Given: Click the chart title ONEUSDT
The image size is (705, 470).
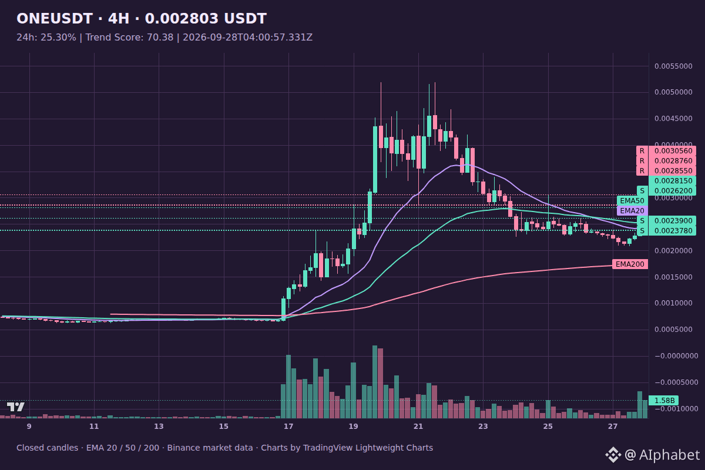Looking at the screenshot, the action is point(55,19).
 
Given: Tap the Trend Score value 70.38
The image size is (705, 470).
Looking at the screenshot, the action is point(160,38).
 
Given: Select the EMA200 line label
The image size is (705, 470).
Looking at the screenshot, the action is point(630,264).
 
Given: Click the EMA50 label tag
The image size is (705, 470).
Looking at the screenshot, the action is point(632,200).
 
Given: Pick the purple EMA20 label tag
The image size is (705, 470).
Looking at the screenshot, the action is point(632,210).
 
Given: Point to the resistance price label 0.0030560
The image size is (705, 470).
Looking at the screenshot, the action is point(673,151).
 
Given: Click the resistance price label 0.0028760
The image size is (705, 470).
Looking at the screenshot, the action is point(673,161).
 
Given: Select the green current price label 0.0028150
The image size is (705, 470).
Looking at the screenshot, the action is point(673,181).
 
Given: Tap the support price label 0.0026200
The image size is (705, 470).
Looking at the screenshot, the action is point(673,191).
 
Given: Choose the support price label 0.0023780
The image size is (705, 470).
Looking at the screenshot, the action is point(673,231).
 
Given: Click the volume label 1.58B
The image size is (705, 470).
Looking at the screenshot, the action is point(664,401).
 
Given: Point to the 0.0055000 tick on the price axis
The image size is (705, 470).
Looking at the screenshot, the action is point(673,66).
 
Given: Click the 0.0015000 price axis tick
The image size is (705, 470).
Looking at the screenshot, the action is point(673,277).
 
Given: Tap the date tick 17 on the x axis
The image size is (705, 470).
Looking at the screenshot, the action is point(288,427).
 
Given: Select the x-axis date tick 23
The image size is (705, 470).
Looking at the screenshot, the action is point(483,427).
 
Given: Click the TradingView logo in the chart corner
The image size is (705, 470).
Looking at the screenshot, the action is point(16,407).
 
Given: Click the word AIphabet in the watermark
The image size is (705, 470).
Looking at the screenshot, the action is point(669,455).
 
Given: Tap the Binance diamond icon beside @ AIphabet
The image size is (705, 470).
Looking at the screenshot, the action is point(613,455).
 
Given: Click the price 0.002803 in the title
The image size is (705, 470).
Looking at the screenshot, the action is point(182,19).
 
